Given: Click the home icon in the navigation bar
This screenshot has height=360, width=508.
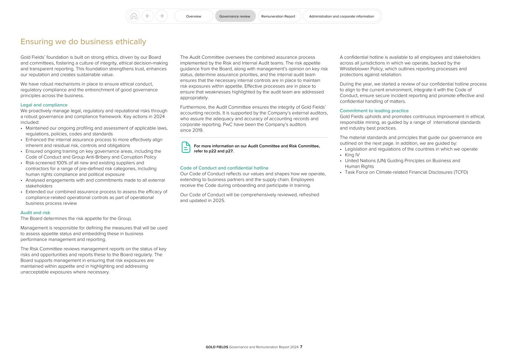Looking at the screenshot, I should (134, 16).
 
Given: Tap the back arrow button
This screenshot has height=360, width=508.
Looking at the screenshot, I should (148, 16).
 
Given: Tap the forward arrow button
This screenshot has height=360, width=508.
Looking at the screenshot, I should (162, 16).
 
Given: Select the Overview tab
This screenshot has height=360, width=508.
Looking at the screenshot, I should (194, 16).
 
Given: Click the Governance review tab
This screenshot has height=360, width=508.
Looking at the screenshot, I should (235, 16).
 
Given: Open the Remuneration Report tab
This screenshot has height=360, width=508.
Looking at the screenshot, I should (278, 16).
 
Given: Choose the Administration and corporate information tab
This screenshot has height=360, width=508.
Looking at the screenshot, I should (341, 16).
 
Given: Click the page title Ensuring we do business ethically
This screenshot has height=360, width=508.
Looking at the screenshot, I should (83, 42).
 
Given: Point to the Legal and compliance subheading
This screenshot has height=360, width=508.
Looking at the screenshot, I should (44, 105).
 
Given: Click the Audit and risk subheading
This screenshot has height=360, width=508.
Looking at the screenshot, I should (35, 213).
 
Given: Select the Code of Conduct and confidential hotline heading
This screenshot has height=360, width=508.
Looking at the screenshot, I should (224, 168).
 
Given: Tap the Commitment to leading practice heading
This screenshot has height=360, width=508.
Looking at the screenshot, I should (374, 111).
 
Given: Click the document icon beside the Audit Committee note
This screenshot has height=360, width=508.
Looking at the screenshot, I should (186, 147).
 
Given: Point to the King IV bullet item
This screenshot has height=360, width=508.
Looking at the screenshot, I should (352, 155).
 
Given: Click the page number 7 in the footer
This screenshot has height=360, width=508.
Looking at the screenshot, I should (301, 347).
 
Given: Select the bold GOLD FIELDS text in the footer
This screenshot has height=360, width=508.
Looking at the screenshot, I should (217, 347).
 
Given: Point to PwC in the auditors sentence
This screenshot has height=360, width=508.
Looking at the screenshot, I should (228, 125).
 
